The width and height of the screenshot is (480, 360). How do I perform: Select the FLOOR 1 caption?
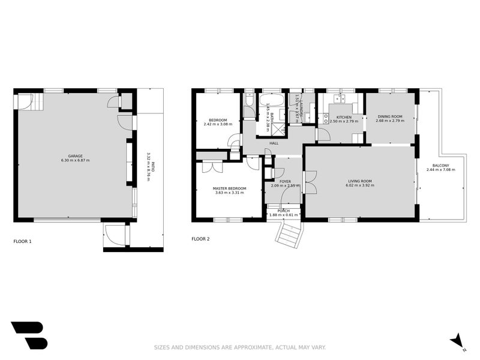click(22, 241)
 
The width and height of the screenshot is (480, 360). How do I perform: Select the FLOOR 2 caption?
click(200, 239)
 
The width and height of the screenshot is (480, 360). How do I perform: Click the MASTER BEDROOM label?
click(229, 188)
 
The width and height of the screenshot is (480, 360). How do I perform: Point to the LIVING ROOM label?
click(360, 181)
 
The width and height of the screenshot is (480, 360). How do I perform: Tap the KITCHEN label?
click(344, 117)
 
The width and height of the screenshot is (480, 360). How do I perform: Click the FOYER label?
click(285, 181)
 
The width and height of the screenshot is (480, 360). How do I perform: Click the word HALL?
click(274, 143)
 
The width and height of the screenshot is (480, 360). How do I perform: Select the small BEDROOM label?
click(217, 121)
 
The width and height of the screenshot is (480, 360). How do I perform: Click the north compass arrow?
click(458, 340)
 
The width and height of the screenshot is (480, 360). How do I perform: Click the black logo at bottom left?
click(28, 335)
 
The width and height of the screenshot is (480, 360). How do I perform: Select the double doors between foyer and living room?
click(310, 182)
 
